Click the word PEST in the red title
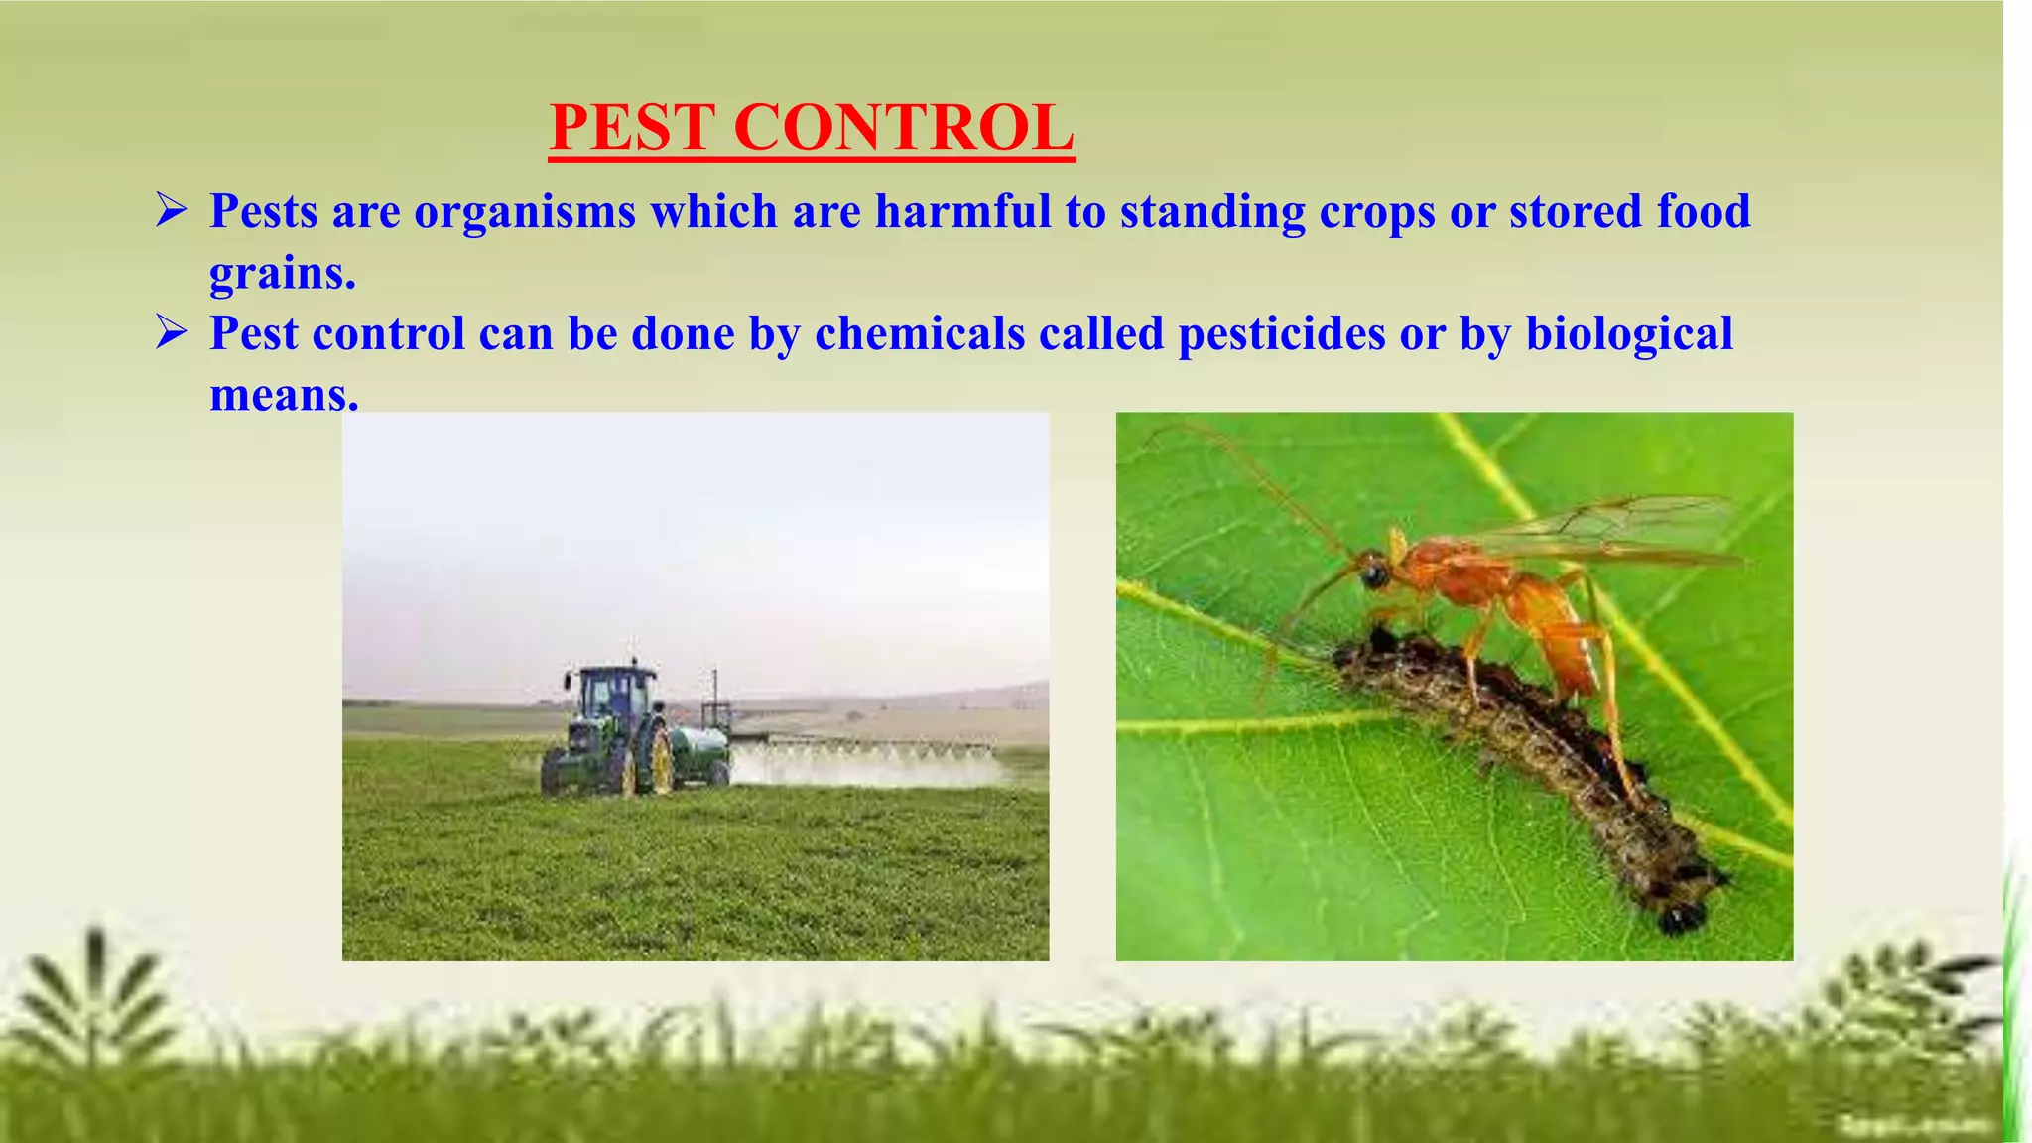pyautogui.click(x=632, y=128)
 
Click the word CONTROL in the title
pyautogui.click(x=903, y=128)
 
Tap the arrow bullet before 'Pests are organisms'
pyautogui.click(x=172, y=211)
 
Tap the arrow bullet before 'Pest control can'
pyautogui.click(x=172, y=333)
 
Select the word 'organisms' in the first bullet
pyautogui.click(x=525, y=212)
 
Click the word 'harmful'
pyautogui.click(x=962, y=212)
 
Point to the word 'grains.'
pyautogui.click(x=283, y=273)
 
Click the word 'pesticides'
pyautogui.click(x=1282, y=333)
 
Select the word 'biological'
pyautogui.click(x=1629, y=333)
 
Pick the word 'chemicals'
pyautogui.click(x=920, y=333)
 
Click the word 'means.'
pyautogui.click(x=284, y=395)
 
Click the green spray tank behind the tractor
pyautogui.click(x=700, y=744)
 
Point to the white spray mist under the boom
pyautogui.click(x=863, y=767)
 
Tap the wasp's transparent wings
pyautogui.click(x=1607, y=526)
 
